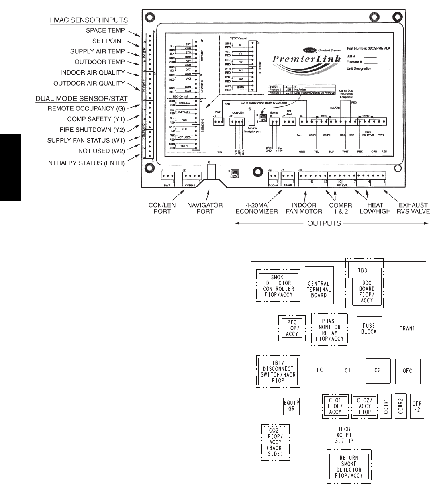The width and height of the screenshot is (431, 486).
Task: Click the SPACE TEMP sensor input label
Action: coord(106,30)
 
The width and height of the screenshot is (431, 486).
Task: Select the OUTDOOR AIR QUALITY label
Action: coord(90,83)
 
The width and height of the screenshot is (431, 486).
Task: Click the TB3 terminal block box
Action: coord(362,270)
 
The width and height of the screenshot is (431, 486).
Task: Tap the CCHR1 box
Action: coord(386,406)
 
